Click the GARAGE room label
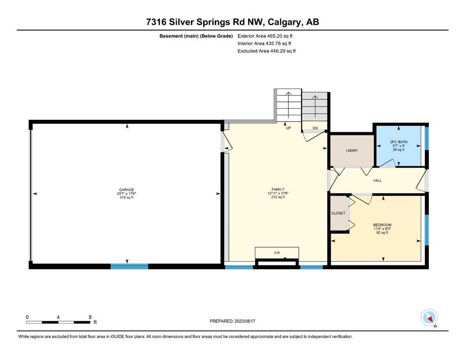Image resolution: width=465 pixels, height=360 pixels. click(x=126, y=190)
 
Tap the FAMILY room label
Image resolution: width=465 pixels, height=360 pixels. click(x=278, y=189)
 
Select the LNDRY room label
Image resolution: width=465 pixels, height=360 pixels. click(x=352, y=150)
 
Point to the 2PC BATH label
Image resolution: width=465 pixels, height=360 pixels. click(x=399, y=142)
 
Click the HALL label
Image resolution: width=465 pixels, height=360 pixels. click(x=377, y=180)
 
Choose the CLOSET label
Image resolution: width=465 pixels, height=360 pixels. click(x=338, y=213)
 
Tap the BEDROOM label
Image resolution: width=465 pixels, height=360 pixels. click(x=382, y=225)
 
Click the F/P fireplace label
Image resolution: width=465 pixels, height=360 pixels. click(x=277, y=253)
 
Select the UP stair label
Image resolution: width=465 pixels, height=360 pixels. click(x=288, y=128)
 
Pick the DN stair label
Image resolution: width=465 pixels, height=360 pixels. click(x=315, y=128)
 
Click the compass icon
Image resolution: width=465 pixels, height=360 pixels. click(x=429, y=318)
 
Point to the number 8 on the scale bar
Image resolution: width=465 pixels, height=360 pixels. click(x=90, y=317)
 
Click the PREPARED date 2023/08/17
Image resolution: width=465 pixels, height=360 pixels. click(x=244, y=321)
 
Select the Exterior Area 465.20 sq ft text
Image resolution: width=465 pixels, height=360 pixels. click(x=265, y=36)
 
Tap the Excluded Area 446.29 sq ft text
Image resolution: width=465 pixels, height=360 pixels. click(x=266, y=51)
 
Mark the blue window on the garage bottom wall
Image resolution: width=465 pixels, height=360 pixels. click(x=129, y=266)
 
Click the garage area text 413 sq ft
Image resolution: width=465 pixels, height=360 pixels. click(x=126, y=197)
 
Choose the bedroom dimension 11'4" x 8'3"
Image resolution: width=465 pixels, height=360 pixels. click(x=382, y=229)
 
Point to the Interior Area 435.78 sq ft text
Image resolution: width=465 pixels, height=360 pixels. click(x=264, y=43)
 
